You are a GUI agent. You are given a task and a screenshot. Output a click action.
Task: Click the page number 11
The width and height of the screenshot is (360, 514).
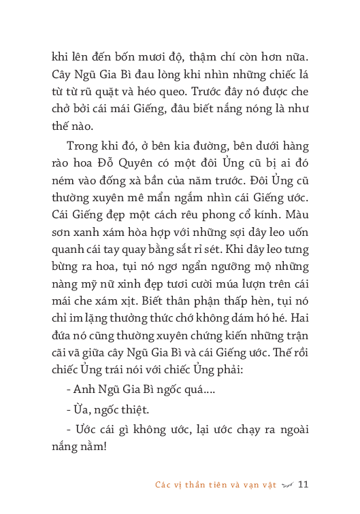304,485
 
